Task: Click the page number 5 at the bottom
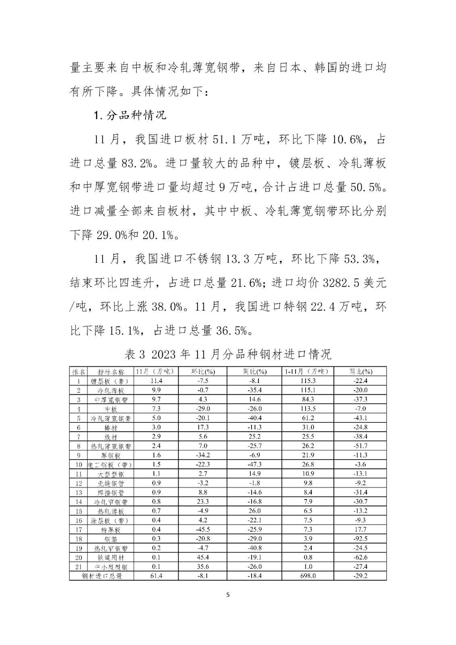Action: click(228, 595)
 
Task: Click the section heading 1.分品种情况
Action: click(130, 115)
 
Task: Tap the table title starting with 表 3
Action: click(228, 354)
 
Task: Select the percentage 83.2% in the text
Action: click(136, 163)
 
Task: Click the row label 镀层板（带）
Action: click(110, 381)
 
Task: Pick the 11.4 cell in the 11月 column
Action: click(156, 381)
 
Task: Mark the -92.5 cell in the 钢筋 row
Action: click(360, 539)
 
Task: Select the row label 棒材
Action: click(110, 427)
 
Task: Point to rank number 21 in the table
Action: click(79, 566)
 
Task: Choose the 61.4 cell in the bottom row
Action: click(156, 576)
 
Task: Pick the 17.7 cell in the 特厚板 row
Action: click(360, 529)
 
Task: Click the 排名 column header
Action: click(79, 371)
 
